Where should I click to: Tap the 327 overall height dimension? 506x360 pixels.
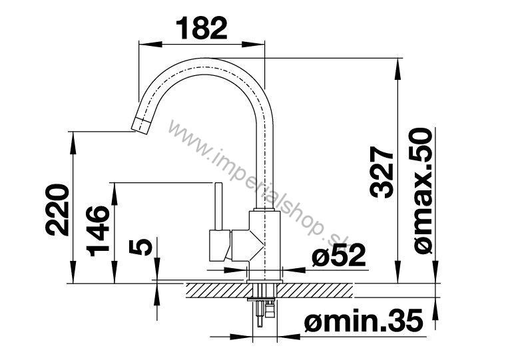[x=382, y=172]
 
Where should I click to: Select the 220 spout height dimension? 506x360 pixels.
[x=57, y=210]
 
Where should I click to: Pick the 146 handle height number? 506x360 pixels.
[x=98, y=231]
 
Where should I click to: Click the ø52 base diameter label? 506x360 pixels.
[x=339, y=255]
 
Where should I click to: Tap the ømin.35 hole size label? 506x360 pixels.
[x=364, y=320]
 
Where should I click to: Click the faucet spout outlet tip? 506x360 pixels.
[x=140, y=125]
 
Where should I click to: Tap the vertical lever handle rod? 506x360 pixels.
[x=218, y=206]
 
